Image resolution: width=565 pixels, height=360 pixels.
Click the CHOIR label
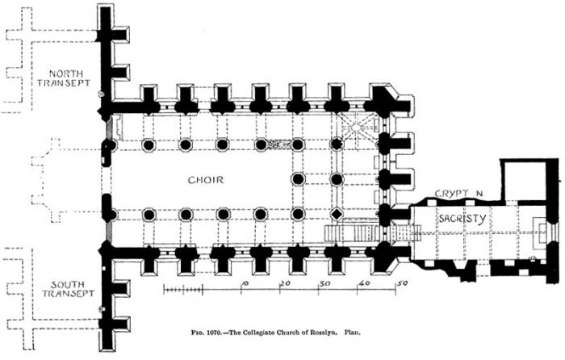coord(205,180)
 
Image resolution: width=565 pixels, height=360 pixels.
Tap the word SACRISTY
coord(462,218)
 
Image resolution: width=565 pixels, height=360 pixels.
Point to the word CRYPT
coord(452,194)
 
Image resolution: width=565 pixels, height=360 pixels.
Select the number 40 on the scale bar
coord(364,284)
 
